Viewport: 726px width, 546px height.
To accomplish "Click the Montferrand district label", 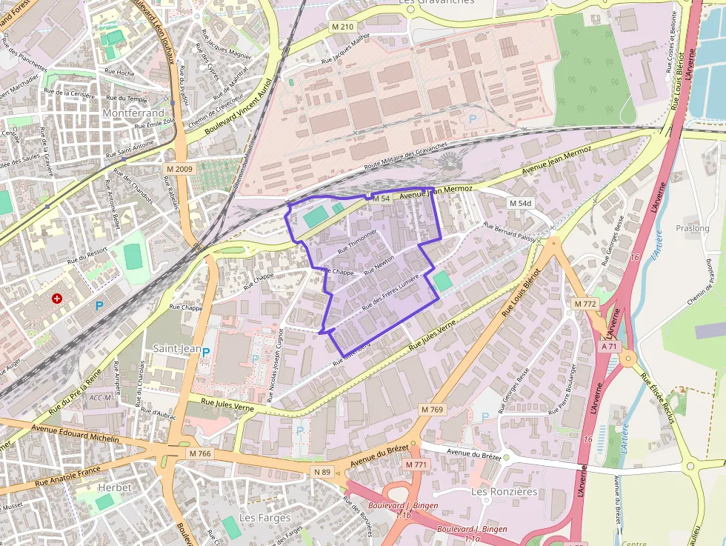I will point(133,113).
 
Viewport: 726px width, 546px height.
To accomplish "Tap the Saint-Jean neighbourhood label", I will point(177,347).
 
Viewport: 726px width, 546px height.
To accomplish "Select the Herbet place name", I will point(114,487).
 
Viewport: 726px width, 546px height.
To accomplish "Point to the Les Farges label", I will point(265,517).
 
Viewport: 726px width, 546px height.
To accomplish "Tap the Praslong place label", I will point(693,228).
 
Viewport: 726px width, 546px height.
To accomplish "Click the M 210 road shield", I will point(343,27).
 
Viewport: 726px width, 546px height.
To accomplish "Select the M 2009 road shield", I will point(179,169).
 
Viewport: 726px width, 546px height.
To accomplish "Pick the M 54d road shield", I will point(521,203).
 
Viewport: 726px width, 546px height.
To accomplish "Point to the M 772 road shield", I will point(585,304).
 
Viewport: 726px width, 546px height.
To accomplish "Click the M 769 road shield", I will point(432,410).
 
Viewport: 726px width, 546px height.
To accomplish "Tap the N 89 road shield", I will point(322,472).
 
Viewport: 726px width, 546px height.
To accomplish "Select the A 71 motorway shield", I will point(610,346).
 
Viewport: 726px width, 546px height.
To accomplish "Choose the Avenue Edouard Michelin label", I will point(76,433).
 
